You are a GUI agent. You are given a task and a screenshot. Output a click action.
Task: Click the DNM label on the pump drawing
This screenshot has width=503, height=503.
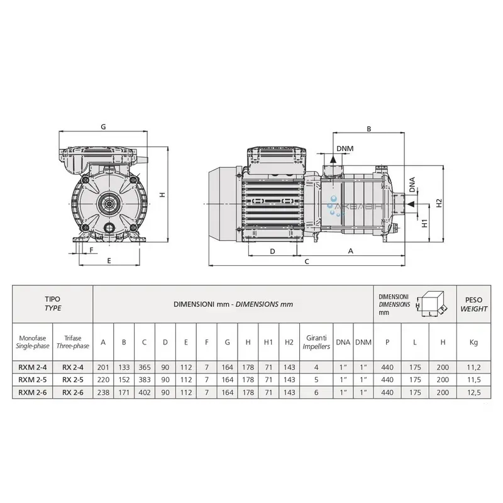345,148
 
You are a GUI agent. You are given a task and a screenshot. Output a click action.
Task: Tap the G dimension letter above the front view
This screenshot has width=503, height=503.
103,127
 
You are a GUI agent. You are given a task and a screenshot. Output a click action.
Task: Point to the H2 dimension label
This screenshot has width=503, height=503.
439,203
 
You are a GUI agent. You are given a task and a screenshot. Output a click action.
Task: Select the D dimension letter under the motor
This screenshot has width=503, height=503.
272,251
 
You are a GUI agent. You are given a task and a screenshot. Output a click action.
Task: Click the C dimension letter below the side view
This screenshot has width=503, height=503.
307,262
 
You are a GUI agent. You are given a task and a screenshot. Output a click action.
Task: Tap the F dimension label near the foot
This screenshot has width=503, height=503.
91,250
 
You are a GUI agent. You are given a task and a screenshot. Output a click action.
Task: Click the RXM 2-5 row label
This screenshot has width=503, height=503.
33,380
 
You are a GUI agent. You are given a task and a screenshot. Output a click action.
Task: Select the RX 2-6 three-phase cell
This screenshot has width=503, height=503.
73,392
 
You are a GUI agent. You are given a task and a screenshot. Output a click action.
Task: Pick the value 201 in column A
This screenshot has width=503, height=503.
103,367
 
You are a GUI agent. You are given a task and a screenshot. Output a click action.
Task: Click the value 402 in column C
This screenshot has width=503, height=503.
145,392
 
